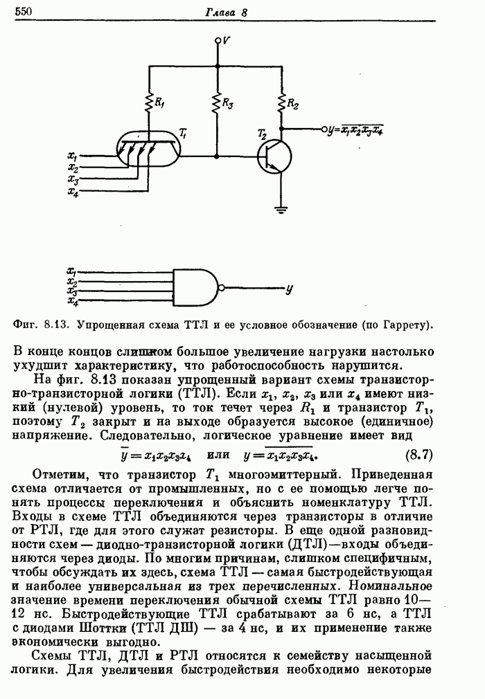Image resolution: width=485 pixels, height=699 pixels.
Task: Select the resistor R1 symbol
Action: pyautogui.click(x=149, y=103)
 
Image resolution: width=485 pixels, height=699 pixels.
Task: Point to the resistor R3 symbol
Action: pyautogui.click(x=218, y=103)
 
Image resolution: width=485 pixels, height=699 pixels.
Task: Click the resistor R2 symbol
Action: pyautogui.click(x=282, y=104)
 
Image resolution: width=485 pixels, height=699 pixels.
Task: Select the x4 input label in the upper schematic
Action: pyautogui.click(x=73, y=191)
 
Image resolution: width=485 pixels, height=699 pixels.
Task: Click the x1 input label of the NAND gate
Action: pyautogui.click(x=71, y=271)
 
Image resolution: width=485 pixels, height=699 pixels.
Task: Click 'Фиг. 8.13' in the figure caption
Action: pyautogui.click(x=41, y=323)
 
